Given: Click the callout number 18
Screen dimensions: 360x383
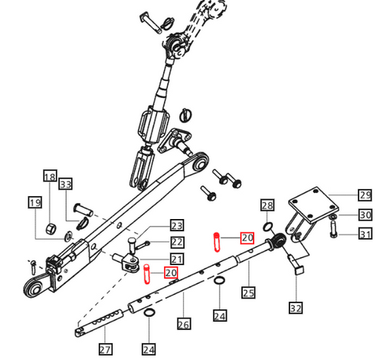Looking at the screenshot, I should (x=49, y=177).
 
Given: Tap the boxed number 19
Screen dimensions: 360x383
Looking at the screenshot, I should (x=34, y=203).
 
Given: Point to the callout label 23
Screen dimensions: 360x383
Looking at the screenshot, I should (x=177, y=226).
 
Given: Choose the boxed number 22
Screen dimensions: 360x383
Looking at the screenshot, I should (x=177, y=242).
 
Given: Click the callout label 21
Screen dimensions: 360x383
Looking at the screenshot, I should (x=177, y=258).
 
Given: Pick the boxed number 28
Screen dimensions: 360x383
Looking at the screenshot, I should (x=267, y=205).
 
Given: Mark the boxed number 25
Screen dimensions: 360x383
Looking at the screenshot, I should (x=247, y=292).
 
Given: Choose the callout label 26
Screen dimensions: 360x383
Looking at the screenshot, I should (x=183, y=323).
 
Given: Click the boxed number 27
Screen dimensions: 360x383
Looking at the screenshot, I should (x=104, y=349).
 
